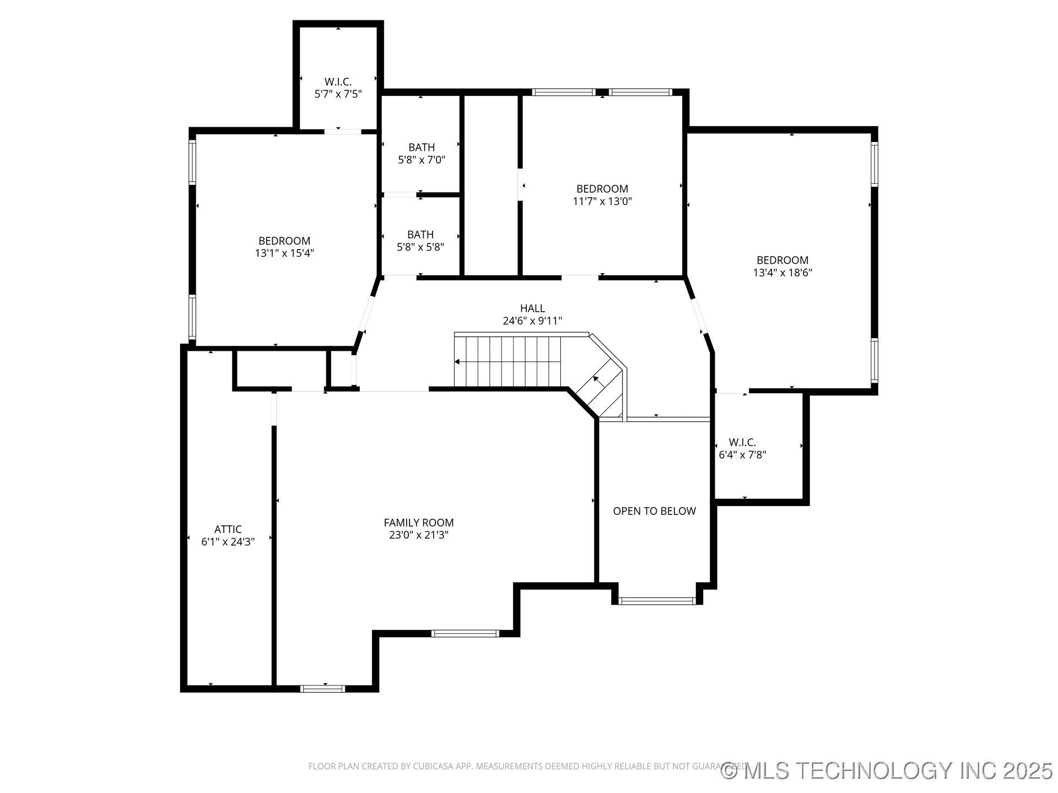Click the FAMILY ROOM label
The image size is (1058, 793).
(x=418, y=523)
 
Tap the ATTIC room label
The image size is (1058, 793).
(x=228, y=529)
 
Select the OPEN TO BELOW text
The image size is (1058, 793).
(x=654, y=511)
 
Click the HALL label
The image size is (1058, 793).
(x=532, y=308)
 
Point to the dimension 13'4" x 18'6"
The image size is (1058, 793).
(x=782, y=273)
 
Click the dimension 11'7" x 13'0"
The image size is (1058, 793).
(x=602, y=202)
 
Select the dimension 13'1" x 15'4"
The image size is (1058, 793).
(x=284, y=253)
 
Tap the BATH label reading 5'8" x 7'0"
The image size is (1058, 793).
(x=422, y=148)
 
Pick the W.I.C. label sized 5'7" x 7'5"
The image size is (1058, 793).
(x=338, y=82)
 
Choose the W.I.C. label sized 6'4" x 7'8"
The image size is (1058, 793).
(x=742, y=442)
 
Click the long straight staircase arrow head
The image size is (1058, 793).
(x=457, y=362)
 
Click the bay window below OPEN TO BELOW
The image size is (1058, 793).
(x=657, y=601)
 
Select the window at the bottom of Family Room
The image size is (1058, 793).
(x=323, y=688)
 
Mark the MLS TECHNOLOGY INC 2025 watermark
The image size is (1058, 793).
(x=887, y=770)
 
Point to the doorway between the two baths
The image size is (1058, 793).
(x=400, y=194)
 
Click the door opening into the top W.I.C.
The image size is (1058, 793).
(x=342, y=131)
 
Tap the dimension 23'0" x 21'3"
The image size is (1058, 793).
(x=418, y=535)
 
